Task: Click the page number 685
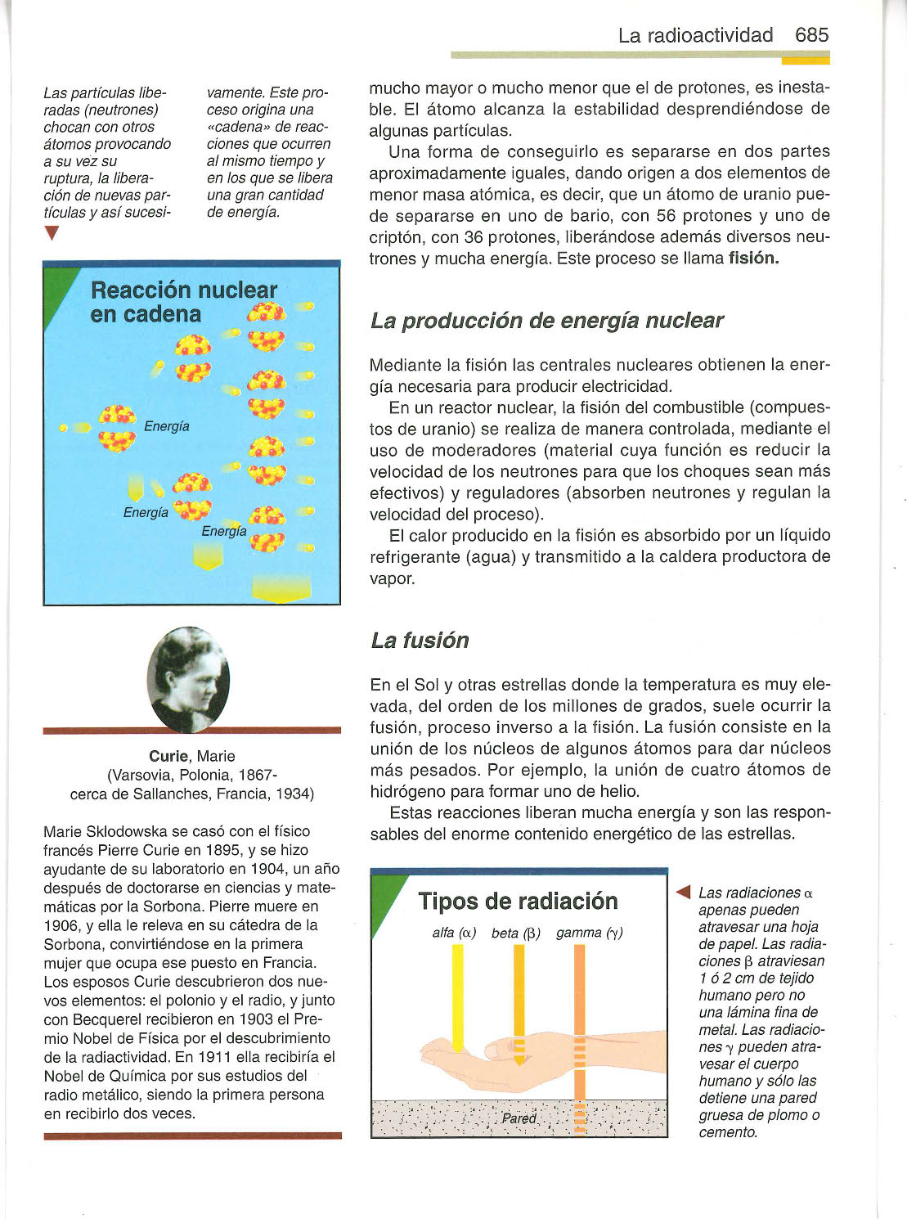pos(811,35)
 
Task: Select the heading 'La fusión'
pos(420,640)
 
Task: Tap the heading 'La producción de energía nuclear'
pos(546,320)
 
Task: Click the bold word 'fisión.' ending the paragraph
pos(753,259)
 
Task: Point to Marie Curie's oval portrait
pos(189,679)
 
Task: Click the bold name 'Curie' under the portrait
pos(168,756)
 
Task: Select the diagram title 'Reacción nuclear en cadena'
pos(183,302)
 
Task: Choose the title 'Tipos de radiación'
pos(518,901)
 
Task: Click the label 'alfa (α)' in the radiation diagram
pos(454,933)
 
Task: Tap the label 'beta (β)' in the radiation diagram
pos(516,933)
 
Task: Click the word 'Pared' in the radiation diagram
pos(519,1118)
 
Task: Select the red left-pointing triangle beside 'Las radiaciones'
pos(685,892)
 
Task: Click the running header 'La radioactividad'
pos(695,35)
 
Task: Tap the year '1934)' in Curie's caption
pos(294,794)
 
